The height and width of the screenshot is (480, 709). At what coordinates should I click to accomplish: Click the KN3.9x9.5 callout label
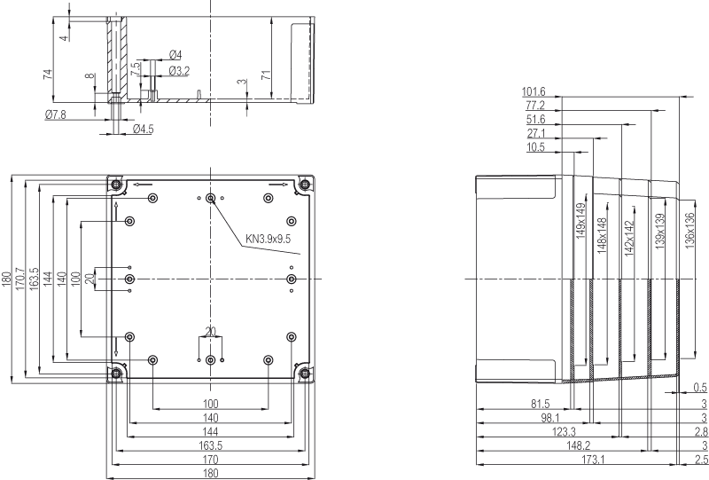pos(268,238)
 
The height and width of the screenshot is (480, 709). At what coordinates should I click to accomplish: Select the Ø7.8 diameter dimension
pos(56,115)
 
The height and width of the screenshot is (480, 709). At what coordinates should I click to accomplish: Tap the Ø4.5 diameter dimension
pos(144,129)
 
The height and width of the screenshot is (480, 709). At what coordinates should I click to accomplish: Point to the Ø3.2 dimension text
pos(179,71)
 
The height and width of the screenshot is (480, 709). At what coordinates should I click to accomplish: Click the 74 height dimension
pos(48,75)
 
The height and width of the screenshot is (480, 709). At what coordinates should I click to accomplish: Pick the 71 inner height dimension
pos(267,75)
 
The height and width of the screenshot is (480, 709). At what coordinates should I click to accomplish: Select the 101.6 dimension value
pos(534,91)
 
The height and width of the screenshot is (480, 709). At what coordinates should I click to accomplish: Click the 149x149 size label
pos(581,220)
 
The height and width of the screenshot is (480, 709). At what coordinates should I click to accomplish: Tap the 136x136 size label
pos(690,231)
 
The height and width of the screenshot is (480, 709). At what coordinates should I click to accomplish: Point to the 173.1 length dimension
pos(593,460)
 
